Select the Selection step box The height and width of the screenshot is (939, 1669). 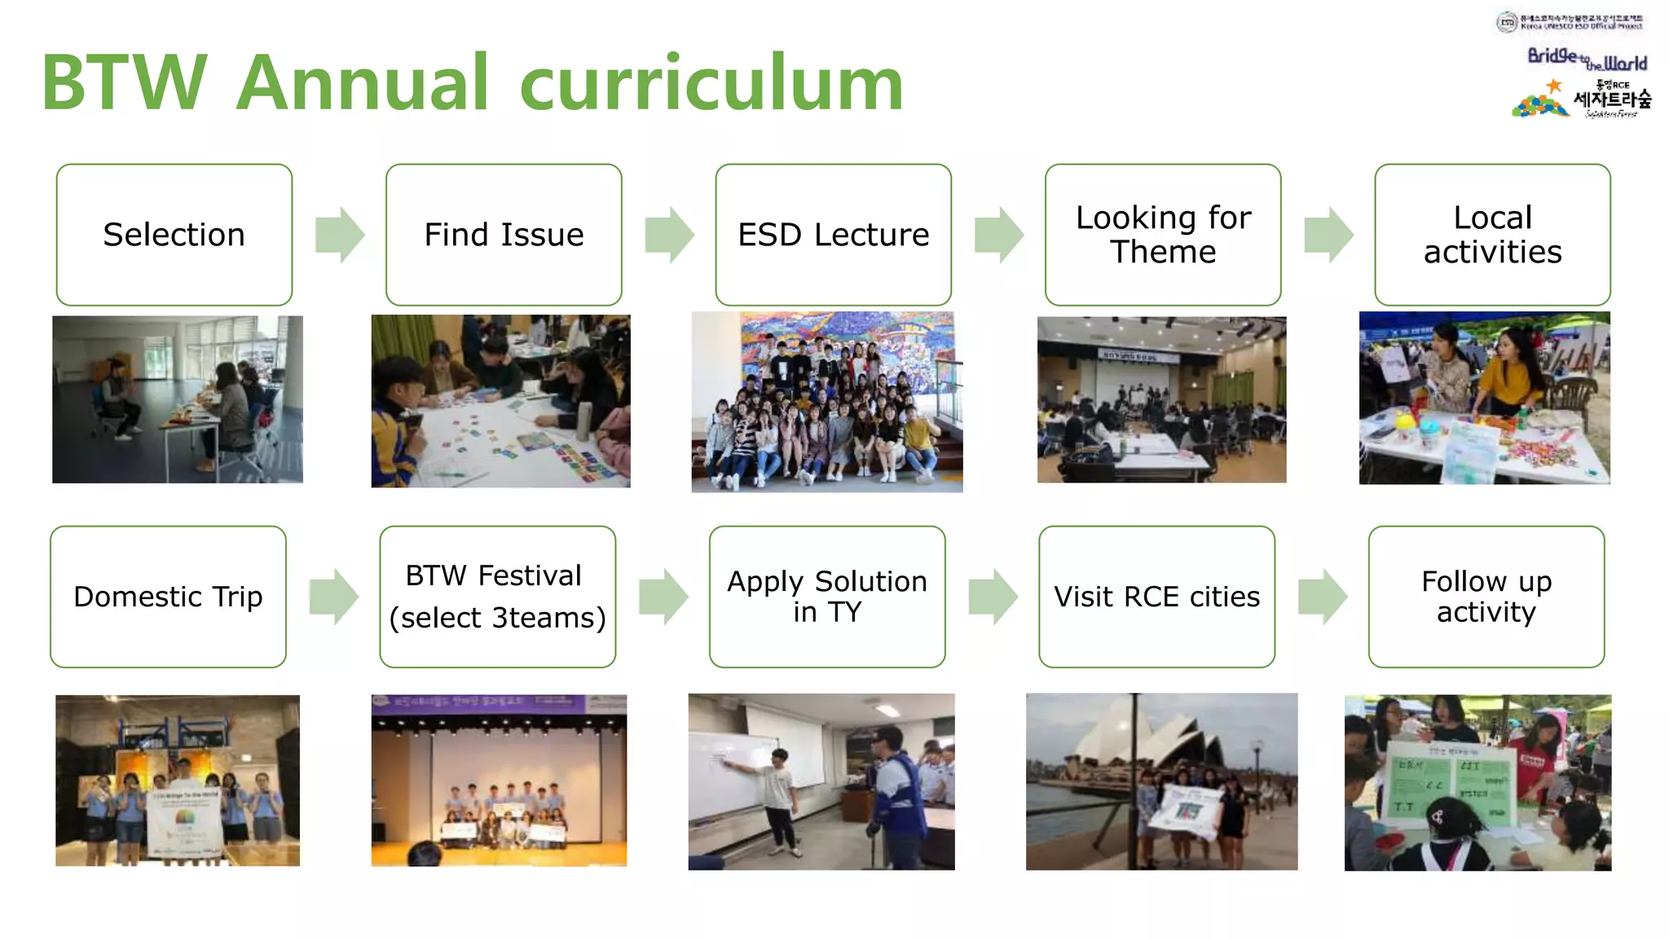point(174,235)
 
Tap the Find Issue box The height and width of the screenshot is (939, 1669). point(504,235)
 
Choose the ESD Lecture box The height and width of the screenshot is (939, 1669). point(833,235)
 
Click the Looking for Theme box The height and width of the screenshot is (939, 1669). point(1163,235)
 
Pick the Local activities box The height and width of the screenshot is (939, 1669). point(1492,235)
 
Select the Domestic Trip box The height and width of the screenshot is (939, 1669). point(168,597)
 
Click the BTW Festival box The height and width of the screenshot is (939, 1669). point(497,597)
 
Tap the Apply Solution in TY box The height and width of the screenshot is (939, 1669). point(827,597)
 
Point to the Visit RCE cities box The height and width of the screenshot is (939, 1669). point(1156,597)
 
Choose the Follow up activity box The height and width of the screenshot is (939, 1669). point(1486,597)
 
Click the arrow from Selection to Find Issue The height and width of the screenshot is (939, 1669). point(339,235)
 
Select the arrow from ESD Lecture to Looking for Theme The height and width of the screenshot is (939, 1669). point(998,235)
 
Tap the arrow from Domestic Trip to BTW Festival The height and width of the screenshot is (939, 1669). point(333,597)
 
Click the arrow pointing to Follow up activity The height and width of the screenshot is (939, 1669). point(1322,597)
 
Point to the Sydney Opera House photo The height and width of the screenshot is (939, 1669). point(1161,781)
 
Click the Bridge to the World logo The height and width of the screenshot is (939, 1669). point(1586,60)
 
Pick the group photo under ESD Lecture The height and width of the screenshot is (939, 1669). point(826,402)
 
